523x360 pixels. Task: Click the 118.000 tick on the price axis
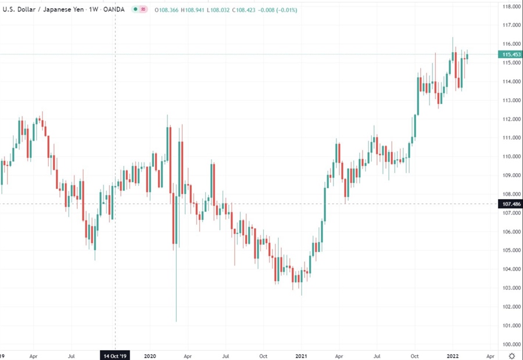click(x=511, y=6)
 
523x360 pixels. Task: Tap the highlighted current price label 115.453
click(x=510, y=54)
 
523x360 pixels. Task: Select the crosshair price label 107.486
click(x=510, y=204)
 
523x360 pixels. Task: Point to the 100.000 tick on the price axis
click(x=511, y=344)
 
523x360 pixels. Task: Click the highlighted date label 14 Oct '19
click(x=115, y=355)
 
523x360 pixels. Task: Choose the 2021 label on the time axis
click(x=302, y=355)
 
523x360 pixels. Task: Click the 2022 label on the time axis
click(x=453, y=355)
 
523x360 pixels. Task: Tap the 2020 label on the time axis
click(x=150, y=355)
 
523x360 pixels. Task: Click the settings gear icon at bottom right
click(x=511, y=355)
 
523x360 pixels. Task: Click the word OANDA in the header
click(x=111, y=9)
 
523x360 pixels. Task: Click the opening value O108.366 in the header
click(x=169, y=9)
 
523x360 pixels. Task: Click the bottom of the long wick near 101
click(x=175, y=321)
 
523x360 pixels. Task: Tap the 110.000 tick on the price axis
click(x=511, y=157)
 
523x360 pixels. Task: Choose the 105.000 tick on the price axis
click(x=511, y=250)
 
